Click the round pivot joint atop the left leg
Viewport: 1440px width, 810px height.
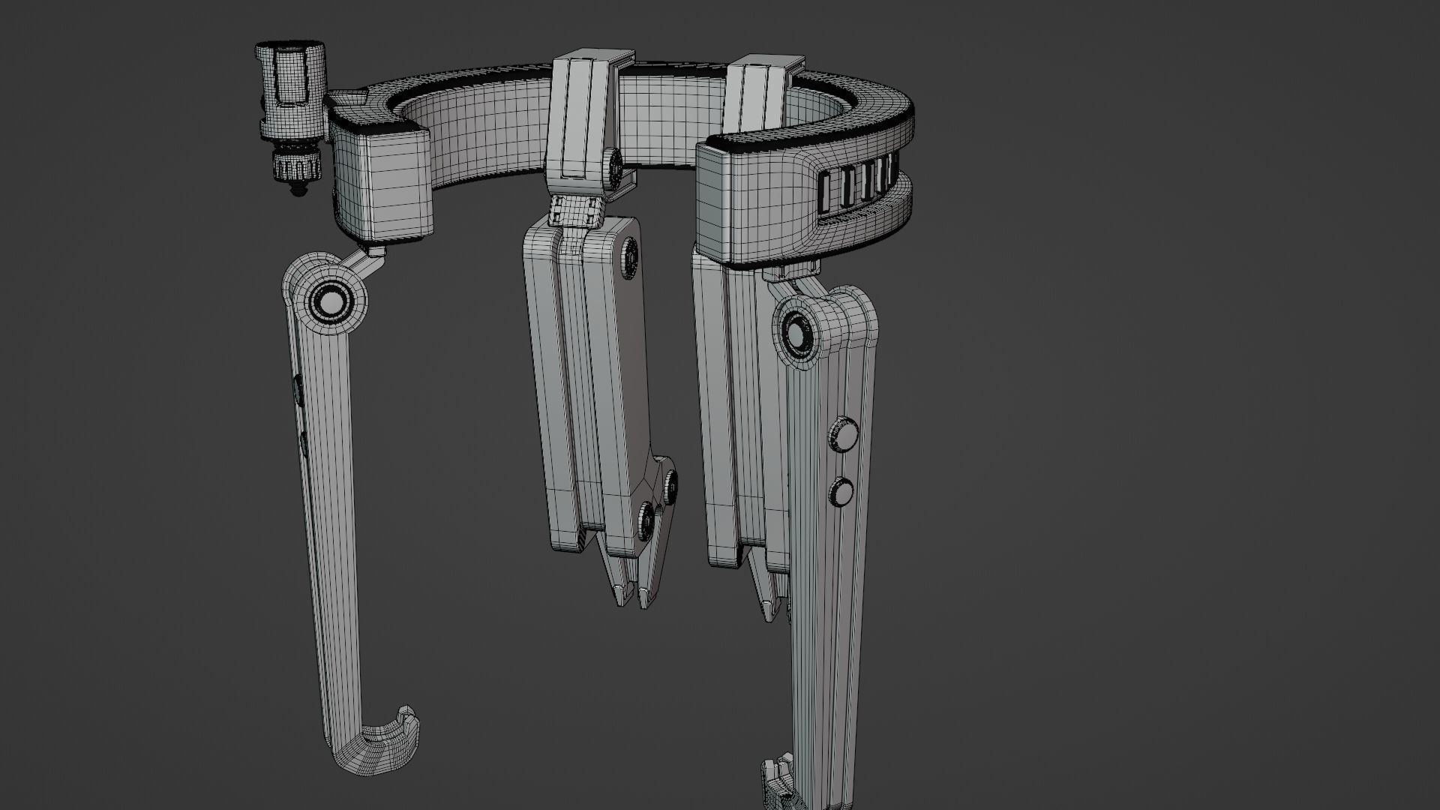(x=328, y=302)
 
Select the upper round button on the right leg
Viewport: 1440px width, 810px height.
(x=844, y=435)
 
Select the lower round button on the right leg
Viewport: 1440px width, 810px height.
(x=842, y=492)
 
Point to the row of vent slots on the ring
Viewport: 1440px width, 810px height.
(x=859, y=192)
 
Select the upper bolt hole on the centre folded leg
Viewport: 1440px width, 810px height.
(x=629, y=253)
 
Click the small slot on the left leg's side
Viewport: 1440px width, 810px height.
(x=298, y=388)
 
